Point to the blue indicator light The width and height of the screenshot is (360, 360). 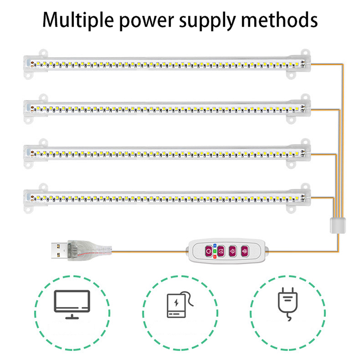(x=215, y=245)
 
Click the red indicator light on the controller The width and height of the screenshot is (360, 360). (x=215, y=256)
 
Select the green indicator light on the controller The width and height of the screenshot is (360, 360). (x=215, y=250)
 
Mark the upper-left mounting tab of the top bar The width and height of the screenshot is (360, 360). (x=44, y=52)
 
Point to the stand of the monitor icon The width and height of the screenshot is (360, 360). (x=72, y=315)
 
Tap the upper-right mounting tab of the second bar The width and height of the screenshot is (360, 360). (x=305, y=96)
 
